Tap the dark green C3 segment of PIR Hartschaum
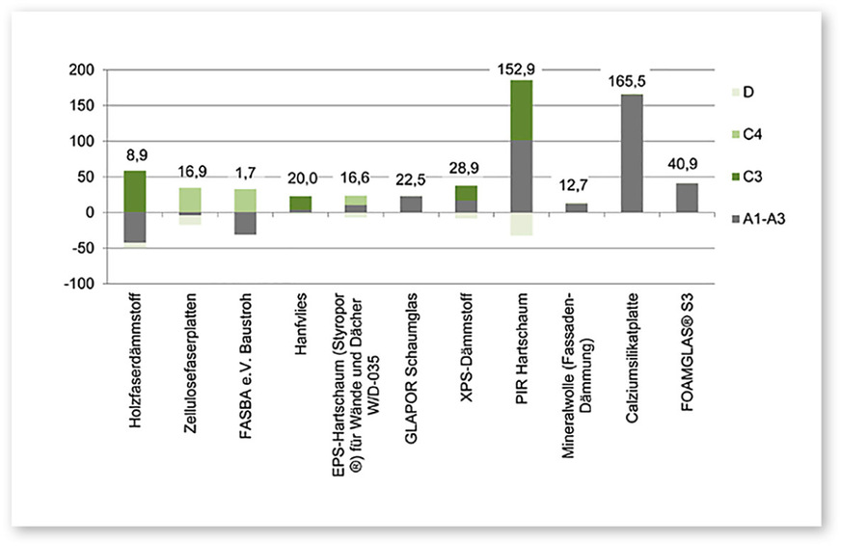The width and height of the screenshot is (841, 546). click(521, 110)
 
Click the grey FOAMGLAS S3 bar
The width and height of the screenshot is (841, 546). click(686, 198)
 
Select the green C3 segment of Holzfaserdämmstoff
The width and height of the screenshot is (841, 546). click(136, 191)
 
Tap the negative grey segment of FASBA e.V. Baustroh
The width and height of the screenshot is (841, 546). click(246, 223)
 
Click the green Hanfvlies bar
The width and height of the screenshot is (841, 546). click(301, 204)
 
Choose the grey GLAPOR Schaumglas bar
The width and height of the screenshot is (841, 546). click(411, 204)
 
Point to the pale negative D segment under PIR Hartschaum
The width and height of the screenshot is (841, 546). click(521, 224)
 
